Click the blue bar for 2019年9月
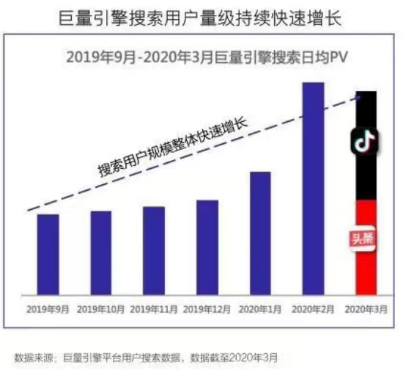click(48, 254)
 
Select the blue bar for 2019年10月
click(101, 253)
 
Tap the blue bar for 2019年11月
click(154, 250)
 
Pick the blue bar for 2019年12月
click(207, 247)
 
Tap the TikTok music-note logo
click(363, 142)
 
